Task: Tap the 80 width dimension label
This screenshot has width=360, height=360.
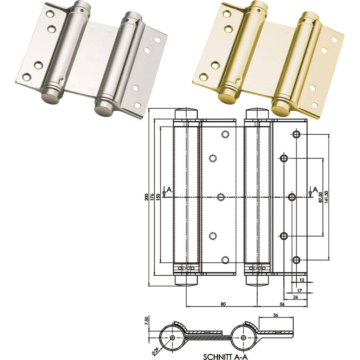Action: [223, 304]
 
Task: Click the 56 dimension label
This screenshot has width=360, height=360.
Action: [282, 304]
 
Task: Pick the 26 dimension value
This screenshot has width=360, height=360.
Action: [295, 297]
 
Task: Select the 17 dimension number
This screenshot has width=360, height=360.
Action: [299, 291]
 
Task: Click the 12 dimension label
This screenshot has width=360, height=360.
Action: [302, 280]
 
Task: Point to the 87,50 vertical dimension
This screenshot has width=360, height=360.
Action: [321, 197]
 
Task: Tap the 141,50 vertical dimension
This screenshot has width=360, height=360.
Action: [327, 197]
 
